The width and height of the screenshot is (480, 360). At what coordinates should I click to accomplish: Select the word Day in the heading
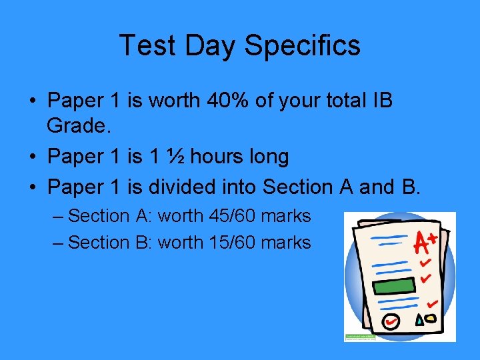[x=211, y=46]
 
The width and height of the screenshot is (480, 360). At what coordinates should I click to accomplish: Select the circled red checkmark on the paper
[x=391, y=321]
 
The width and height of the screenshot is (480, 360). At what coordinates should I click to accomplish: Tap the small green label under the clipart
[x=360, y=337]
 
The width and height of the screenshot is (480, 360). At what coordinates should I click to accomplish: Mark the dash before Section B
[x=58, y=243]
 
